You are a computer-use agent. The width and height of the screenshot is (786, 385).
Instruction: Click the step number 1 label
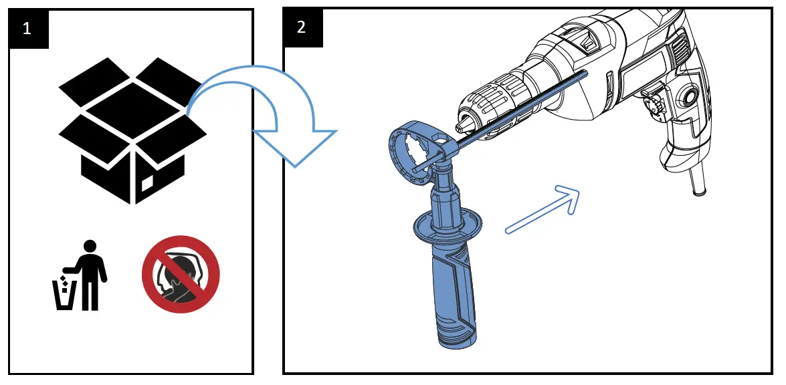pyautogui.click(x=27, y=29)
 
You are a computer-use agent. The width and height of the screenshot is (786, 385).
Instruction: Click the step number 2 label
pyautogui.click(x=302, y=27)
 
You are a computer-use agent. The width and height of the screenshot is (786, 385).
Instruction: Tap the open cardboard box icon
pyautogui.click(x=133, y=130)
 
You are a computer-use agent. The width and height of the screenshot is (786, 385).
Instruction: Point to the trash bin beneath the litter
pyautogui.click(x=64, y=295)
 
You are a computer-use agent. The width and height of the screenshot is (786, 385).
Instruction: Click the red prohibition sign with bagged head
pyautogui.click(x=181, y=274)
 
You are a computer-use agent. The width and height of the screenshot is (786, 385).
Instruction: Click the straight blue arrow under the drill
pyautogui.click(x=543, y=209)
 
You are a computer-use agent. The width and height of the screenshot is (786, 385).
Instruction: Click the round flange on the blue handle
pyautogui.click(x=446, y=224)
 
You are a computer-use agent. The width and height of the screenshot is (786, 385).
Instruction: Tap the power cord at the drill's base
pyautogui.click(x=697, y=180)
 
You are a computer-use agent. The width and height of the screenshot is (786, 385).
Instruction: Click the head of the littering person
pyautogui.click(x=90, y=247)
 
